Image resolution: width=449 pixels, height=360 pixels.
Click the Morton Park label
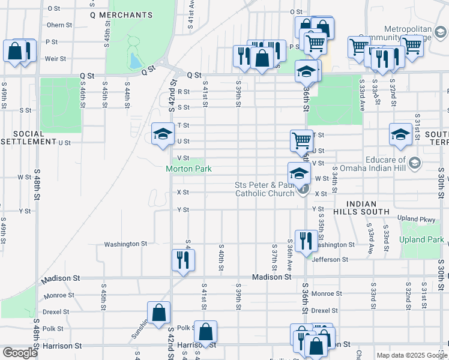(188, 169)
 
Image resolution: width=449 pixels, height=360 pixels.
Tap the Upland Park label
(423, 240)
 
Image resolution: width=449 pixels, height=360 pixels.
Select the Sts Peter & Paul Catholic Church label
(264, 189)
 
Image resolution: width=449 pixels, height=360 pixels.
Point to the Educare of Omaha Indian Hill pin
(414, 163)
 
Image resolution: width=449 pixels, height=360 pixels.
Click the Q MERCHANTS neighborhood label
(121, 14)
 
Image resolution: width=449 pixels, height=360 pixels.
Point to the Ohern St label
(59, 25)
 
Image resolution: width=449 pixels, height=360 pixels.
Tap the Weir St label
(55, 59)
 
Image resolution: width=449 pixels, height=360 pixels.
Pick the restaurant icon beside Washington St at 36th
(307, 241)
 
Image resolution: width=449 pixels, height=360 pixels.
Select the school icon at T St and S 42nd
(162, 135)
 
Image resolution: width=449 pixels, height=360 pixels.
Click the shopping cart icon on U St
(301, 141)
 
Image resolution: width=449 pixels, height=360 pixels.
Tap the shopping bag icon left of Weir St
(14, 51)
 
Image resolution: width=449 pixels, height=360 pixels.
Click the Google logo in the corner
(20, 353)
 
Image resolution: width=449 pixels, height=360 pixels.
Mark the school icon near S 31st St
(400, 135)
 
